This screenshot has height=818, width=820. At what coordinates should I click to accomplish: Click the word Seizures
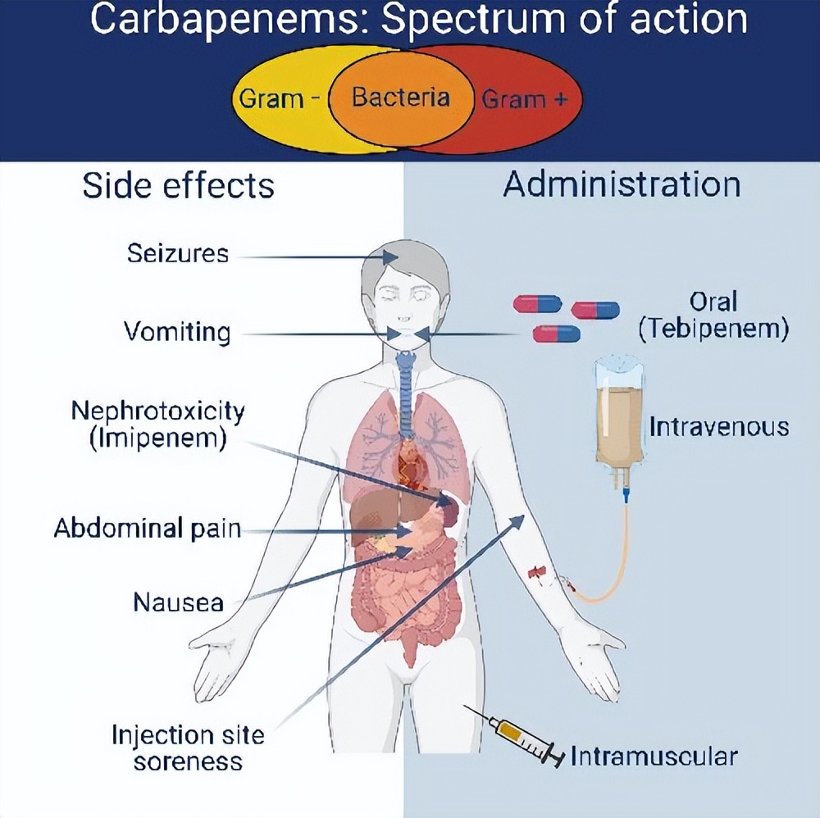point(177,253)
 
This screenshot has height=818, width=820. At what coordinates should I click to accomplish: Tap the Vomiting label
point(177,332)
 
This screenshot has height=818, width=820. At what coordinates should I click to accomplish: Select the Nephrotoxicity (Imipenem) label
point(157,423)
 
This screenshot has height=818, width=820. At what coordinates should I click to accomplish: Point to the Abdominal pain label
point(148,528)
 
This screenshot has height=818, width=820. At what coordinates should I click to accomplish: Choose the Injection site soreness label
point(188,747)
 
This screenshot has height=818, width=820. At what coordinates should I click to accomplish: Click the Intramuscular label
point(654,756)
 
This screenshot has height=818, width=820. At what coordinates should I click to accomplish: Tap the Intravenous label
point(718,427)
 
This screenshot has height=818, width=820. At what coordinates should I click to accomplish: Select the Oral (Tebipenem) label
point(713,316)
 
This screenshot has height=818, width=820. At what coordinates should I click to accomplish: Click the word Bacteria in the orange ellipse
point(401,98)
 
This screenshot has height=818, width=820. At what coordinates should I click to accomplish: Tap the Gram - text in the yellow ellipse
point(279,100)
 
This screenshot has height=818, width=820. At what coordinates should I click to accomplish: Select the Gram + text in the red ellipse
point(525,100)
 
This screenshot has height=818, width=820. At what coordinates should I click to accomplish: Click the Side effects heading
point(178,186)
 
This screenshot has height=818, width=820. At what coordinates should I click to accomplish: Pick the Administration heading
point(622,184)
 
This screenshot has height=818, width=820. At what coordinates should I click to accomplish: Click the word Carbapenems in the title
point(221,18)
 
